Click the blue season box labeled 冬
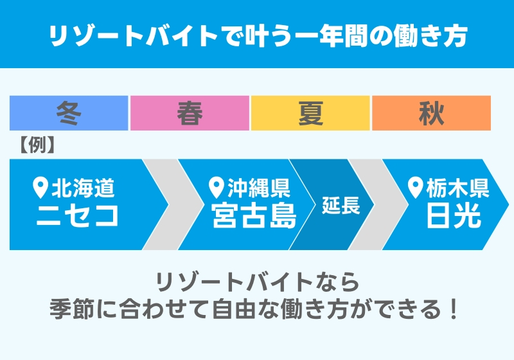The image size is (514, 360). click(x=69, y=113)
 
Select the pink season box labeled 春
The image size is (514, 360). click(x=190, y=113)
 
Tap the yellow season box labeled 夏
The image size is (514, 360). click(x=310, y=113)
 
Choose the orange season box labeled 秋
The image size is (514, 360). click(x=431, y=113)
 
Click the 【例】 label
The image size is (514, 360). click(x=33, y=145)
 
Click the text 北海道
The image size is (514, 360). click(x=84, y=188)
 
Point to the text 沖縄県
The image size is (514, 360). click(x=259, y=188)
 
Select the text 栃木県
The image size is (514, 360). click(x=458, y=188)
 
